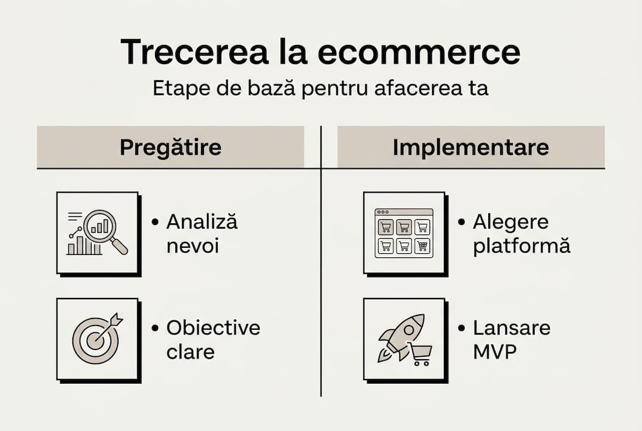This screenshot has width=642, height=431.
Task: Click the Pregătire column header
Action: pos(171,147)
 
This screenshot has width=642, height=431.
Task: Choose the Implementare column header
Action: pos(471,147)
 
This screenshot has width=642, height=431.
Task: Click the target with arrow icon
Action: pos(96,338)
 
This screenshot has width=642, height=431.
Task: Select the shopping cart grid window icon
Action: pos(404,233)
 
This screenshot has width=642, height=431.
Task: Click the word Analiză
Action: pos(202,222)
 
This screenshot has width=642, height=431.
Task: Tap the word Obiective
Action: pos(213,328)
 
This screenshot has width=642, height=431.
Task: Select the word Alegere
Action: pos(510,222)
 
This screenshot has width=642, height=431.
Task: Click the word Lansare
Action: pos(512,328)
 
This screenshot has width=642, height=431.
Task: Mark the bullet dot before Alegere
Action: pos(461,222)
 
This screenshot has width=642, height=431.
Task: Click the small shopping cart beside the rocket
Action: pos(421,354)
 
